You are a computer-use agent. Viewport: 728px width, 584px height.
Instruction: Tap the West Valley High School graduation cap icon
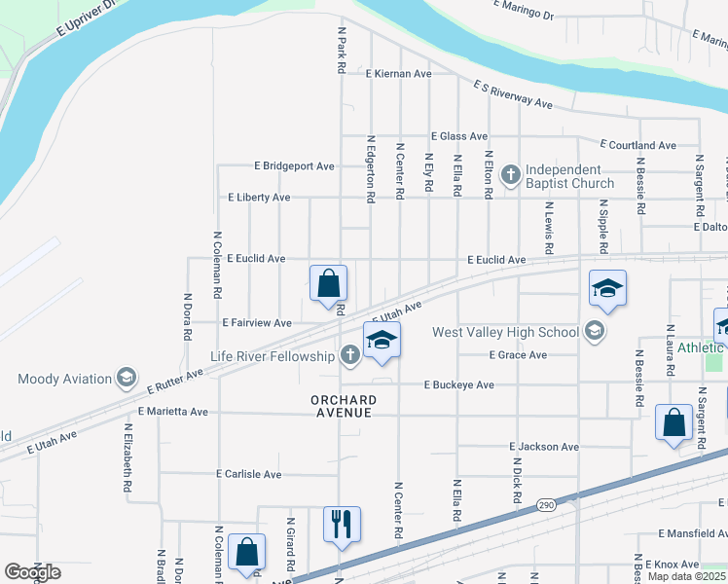594,332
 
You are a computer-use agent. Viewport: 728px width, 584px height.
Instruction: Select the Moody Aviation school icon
126,378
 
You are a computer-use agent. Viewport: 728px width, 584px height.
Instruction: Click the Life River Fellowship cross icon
351,357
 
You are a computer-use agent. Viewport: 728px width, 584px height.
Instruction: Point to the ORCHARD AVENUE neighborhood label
342,406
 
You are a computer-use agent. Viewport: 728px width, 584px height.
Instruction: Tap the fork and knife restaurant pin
342,524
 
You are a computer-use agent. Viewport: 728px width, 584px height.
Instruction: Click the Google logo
32,571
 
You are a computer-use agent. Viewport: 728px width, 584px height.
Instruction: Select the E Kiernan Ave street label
398,73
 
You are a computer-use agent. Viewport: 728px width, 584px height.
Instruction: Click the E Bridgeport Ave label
294,166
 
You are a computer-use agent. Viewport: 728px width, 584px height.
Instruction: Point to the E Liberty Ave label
259,198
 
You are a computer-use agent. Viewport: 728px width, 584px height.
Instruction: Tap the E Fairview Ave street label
256,322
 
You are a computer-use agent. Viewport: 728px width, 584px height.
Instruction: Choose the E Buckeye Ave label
459,385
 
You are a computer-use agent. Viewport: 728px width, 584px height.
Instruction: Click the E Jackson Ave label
544,447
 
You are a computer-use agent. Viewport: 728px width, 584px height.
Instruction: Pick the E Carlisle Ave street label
248,474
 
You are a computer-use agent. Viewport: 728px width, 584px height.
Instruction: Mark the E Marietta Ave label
173,412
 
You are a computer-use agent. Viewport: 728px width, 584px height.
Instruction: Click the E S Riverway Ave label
513,94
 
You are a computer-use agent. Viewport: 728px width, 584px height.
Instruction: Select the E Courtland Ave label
637,145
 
